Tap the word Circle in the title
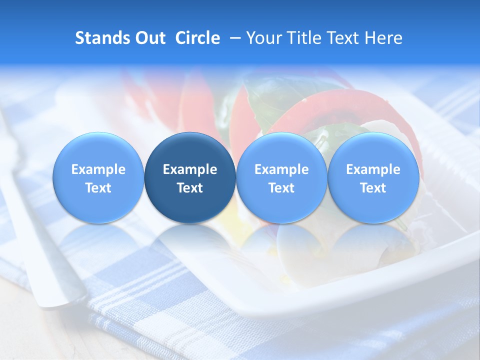click(x=197, y=38)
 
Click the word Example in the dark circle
click(x=190, y=169)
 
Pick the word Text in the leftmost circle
click(x=98, y=188)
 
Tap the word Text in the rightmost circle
click(x=373, y=188)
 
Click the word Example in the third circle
click(x=281, y=169)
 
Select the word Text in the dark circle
click(x=190, y=188)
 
